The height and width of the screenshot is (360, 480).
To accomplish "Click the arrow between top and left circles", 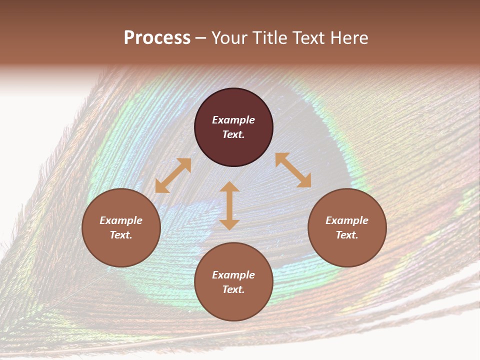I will pos(173,175).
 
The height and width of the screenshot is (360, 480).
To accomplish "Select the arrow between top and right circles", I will pos(293,170).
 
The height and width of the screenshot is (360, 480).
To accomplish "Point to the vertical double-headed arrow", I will pos(229,206).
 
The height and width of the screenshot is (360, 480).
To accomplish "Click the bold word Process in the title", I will pos(157,38).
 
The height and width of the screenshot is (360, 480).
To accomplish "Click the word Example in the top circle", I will pos(233,120).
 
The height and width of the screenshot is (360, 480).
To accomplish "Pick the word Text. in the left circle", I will pos(121,235).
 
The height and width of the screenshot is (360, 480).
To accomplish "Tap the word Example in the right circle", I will pos(347,220).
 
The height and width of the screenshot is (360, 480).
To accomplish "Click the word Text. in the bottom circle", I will pos(233,289).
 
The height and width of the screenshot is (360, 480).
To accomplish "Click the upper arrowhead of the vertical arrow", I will pos(229,187).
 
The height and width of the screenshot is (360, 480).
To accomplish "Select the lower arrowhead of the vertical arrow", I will pos(229,224).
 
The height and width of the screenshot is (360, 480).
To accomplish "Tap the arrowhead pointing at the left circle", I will pos(161,186).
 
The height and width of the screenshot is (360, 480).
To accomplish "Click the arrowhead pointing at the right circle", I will pos(305,181).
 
